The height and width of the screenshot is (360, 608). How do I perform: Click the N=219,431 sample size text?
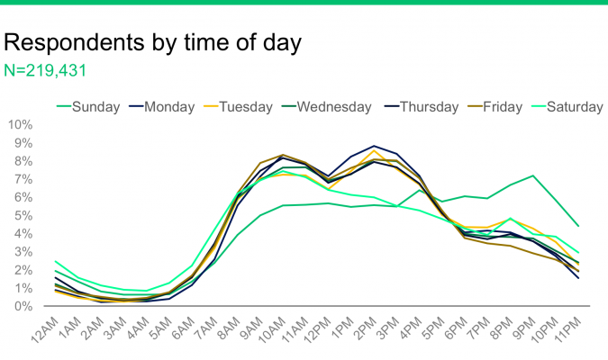[x=46, y=69]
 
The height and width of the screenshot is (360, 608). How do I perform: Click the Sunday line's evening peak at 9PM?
[x=534, y=175]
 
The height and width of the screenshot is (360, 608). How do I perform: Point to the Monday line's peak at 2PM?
[x=373, y=146]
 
